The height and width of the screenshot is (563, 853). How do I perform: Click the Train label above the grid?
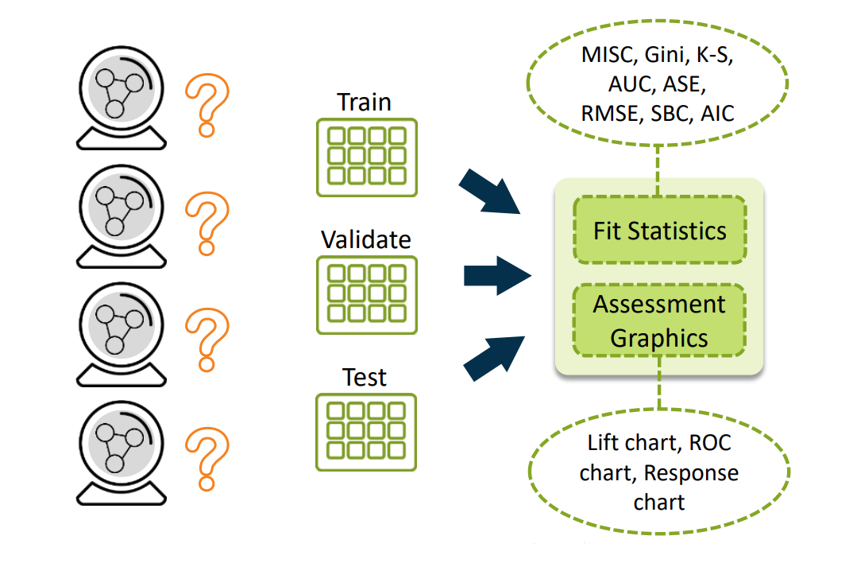[365, 103]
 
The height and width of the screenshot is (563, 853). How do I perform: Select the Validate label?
[366, 239]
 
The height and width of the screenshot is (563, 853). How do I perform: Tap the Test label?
[365, 377]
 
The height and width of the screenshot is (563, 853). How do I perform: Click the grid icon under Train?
[366, 157]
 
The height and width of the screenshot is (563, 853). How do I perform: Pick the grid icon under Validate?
[366, 293]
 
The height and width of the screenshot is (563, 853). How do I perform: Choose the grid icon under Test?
[366, 432]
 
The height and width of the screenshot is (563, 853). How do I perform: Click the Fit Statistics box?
[659, 231]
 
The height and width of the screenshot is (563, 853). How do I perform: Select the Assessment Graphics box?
[659, 320]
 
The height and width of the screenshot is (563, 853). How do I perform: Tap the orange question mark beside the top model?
[206, 106]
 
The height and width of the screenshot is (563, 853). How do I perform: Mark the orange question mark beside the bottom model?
[206, 459]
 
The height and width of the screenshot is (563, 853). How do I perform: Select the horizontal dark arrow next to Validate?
[496, 275]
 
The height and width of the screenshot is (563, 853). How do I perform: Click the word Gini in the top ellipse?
[664, 57]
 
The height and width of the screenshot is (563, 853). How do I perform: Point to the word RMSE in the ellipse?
[610, 114]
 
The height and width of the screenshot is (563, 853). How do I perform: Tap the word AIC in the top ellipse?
[717, 114]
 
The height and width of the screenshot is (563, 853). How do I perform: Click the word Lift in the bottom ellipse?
[605, 444]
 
